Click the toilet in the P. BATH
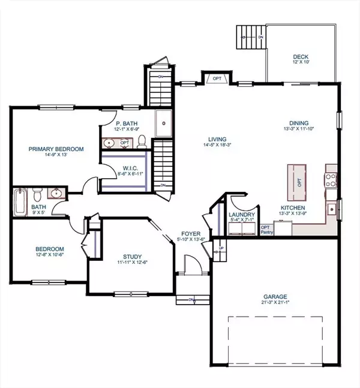(x=142, y=141)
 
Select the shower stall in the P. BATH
(x=163, y=124)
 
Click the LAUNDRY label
(x=242, y=215)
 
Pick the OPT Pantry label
(x=265, y=230)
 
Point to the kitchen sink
(x=331, y=209)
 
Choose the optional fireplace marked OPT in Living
(x=214, y=79)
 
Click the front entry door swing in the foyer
(x=191, y=264)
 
